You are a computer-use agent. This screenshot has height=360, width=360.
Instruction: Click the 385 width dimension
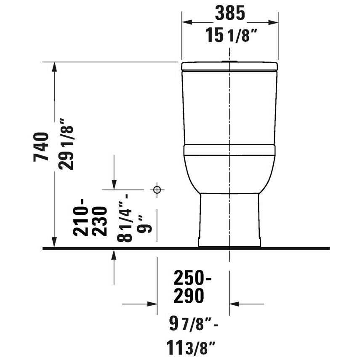pos(230,13)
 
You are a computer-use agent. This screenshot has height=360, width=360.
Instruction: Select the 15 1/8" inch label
pos(230,35)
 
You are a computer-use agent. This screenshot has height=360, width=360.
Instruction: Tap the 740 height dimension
pos(41,147)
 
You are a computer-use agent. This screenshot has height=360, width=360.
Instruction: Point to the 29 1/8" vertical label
pos(66,144)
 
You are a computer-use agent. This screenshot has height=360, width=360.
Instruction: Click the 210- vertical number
pos(80,217)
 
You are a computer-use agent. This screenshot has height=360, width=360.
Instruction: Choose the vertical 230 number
pos(100,221)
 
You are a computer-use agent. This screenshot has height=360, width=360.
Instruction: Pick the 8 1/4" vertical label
pos(125,218)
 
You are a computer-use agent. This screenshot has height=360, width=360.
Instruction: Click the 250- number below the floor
pos(192,278)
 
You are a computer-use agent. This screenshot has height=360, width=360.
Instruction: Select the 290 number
pos(189,296)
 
